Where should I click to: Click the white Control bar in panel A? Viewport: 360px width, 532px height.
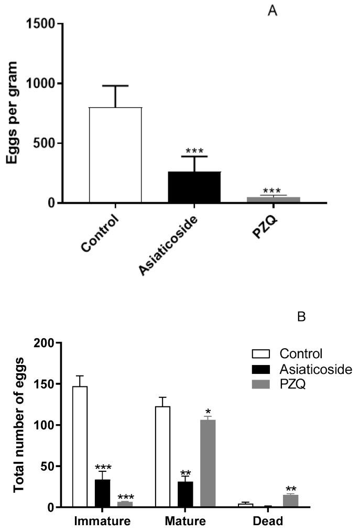[x=115, y=155]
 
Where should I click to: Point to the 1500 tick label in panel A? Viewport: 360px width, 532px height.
[x=41, y=24]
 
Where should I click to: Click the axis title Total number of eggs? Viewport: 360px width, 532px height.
[x=19, y=424]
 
